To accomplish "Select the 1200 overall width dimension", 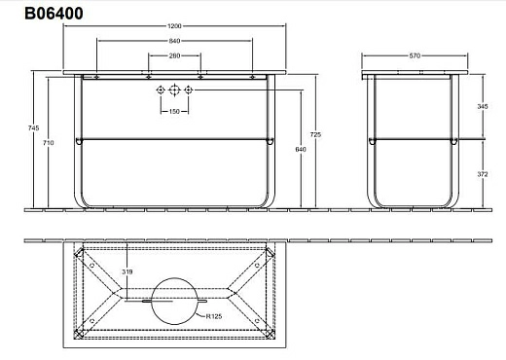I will tap(174, 25).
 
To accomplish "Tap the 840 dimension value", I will tap(174, 41).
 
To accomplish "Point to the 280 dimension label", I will tap(174, 56).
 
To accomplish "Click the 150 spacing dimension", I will tap(174, 111).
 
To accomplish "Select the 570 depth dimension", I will tap(416, 55).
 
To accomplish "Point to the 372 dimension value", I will tap(485, 173).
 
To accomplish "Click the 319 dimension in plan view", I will tap(126, 271).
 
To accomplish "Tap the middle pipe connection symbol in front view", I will tap(174, 91).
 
